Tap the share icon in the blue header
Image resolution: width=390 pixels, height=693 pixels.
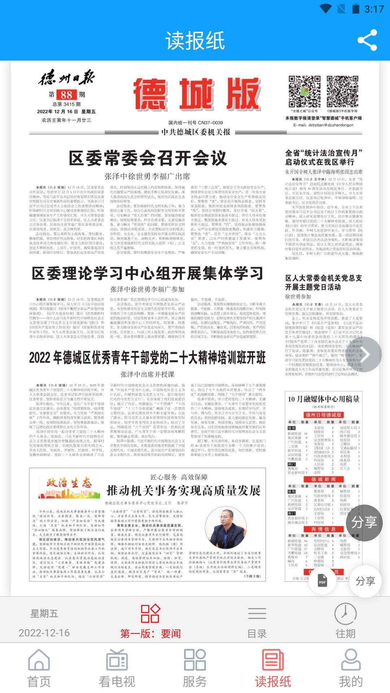click(367, 40)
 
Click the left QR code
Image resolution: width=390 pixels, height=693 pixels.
click(304, 92)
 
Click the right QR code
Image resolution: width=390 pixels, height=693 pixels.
click(342, 92)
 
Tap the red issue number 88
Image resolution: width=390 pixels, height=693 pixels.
click(66, 95)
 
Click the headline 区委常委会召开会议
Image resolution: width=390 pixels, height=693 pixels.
click(148, 158)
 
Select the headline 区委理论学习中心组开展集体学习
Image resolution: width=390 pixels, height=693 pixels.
click(147, 274)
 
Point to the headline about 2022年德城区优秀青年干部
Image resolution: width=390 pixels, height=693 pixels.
click(147, 358)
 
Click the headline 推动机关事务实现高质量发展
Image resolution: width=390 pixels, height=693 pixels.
click(183, 491)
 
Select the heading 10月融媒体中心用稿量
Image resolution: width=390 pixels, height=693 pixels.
click(324, 399)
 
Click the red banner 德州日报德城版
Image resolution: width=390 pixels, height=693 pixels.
click(324, 415)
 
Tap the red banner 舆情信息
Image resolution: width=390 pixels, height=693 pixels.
click(324, 529)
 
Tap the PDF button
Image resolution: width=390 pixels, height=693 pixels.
click(322, 581)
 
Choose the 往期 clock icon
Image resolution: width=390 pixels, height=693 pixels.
click(346, 613)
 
